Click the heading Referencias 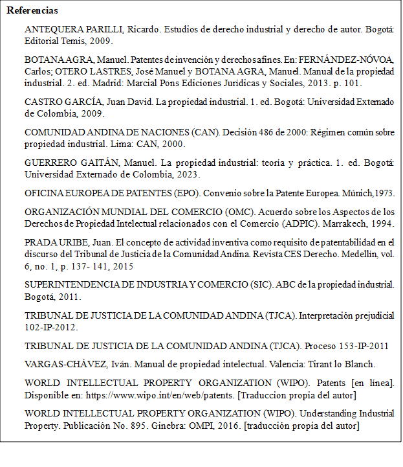pyautogui.click(x=32, y=11)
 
